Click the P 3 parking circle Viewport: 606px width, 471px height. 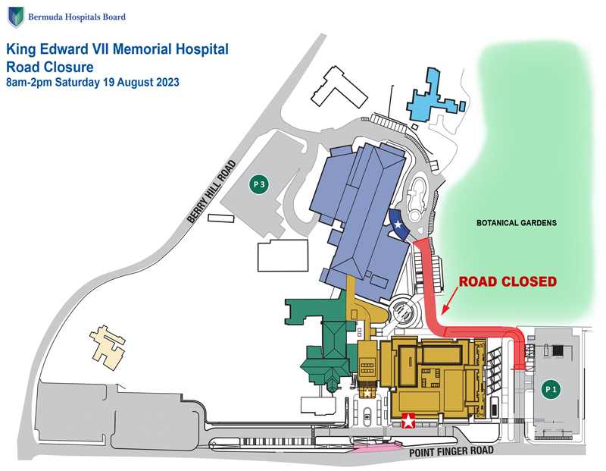point(259,184)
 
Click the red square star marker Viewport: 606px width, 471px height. point(409,421)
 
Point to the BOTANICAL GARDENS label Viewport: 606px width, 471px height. point(517,223)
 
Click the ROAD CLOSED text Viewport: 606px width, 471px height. point(508,281)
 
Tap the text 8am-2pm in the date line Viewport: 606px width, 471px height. point(27,82)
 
